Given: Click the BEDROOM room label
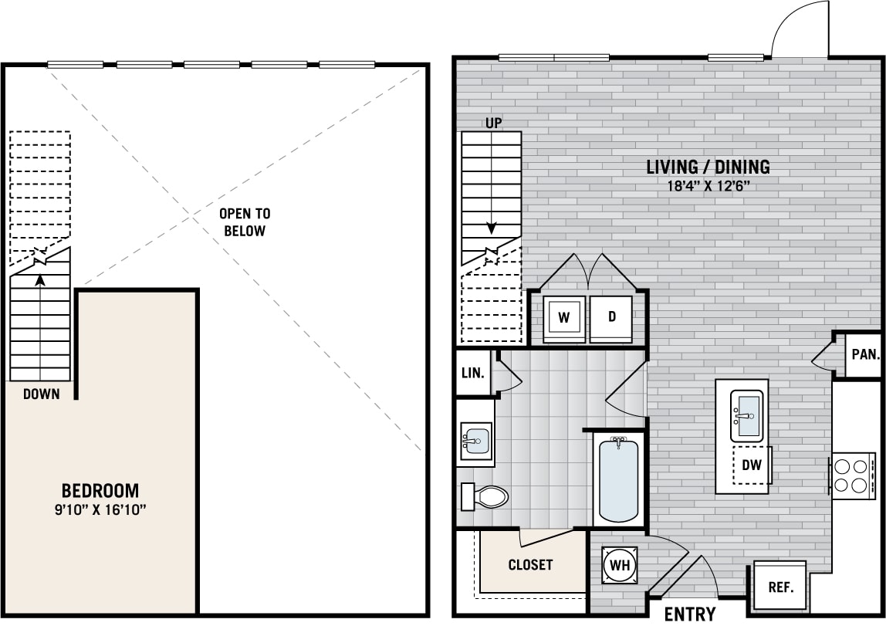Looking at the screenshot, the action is click(100, 490).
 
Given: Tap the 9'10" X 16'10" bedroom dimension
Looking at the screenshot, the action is click(100, 510).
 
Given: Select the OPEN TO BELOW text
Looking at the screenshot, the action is click(245, 222).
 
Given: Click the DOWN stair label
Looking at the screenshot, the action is click(41, 394).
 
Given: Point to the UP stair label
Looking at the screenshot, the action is click(494, 124).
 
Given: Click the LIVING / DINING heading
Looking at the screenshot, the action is click(708, 167).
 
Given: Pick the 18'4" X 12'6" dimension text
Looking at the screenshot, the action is click(708, 187).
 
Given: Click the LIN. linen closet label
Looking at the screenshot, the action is click(473, 374).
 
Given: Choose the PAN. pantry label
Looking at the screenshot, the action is click(866, 355).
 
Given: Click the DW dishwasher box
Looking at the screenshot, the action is click(752, 465).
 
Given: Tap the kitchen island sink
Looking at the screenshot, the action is click(747, 415).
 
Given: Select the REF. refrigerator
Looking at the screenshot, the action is click(779, 586).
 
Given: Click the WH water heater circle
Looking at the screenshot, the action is click(620, 564).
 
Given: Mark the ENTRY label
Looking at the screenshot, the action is click(690, 614).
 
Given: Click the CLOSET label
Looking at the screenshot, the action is click(530, 564).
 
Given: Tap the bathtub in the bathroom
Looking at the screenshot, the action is click(619, 479).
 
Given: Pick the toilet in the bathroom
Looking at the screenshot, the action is click(484, 496).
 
